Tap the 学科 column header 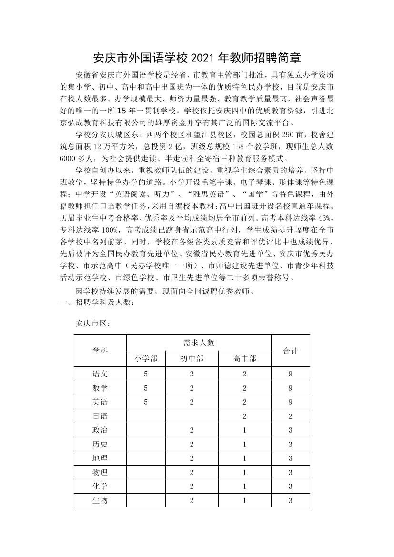pyautogui.click(x=100, y=351)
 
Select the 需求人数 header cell pyautogui.click(x=199, y=343)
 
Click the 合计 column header pyautogui.click(x=290, y=351)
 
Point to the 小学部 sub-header pyautogui.click(x=146, y=359)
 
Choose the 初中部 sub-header pyautogui.click(x=192, y=359)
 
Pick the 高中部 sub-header pyautogui.click(x=244, y=359)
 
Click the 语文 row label pyautogui.click(x=100, y=374)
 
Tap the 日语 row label pyautogui.click(x=100, y=416)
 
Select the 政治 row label pyautogui.click(x=100, y=430)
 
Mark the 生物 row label pyautogui.click(x=100, y=500)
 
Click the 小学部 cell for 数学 pyautogui.click(x=146, y=388)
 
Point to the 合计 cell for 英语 pyautogui.click(x=290, y=402)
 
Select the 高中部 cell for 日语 pyautogui.click(x=244, y=416)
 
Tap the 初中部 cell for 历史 pyautogui.click(x=192, y=445)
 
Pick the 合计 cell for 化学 pyautogui.click(x=290, y=486)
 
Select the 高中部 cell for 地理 pyautogui.click(x=244, y=458)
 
